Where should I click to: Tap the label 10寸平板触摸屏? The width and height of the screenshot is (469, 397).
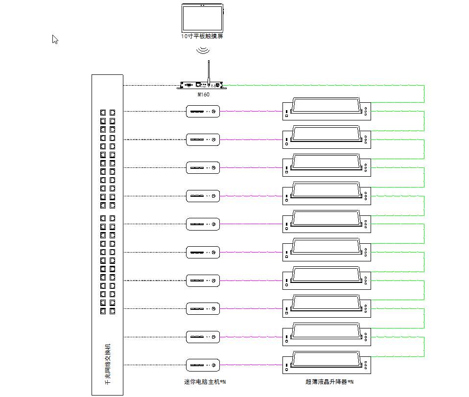[x=202, y=36]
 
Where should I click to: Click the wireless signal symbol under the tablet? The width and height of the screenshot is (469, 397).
[x=203, y=50]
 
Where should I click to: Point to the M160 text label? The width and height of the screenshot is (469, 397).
[x=203, y=94]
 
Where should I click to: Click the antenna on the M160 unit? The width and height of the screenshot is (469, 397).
[x=209, y=71]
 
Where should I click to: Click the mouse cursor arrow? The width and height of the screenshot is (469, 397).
[x=55, y=39]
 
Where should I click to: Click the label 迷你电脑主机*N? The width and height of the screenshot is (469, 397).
[x=205, y=382]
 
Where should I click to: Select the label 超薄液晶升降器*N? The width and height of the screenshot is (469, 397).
[x=329, y=382]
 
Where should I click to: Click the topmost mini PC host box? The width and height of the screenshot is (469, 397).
[x=203, y=112]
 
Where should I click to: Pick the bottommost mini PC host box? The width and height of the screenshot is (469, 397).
[x=203, y=365]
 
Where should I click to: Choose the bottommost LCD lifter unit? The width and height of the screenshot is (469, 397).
[x=327, y=363]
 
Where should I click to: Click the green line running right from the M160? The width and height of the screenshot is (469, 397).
[x=318, y=85]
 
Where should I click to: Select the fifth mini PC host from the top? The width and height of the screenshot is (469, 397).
[x=203, y=224]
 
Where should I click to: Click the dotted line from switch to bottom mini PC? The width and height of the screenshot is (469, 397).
[x=154, y=365]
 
